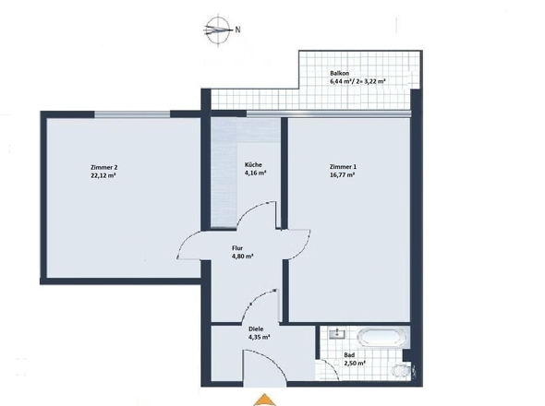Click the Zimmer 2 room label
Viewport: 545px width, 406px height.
click(x=102, y=167)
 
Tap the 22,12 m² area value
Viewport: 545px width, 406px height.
click(x=103, y=175)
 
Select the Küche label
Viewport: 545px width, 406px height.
click(x=253, y=164)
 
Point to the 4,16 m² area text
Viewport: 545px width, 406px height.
click(x=256, y=173)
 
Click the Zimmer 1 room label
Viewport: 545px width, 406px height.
click(x=343, y=167)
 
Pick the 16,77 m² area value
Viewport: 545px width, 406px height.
click(x=342, y=175)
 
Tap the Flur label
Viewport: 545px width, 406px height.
click(x=237, y=248)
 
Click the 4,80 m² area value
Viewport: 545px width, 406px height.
click(x=243, y=257)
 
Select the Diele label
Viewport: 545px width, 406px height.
click(x=256, y=328)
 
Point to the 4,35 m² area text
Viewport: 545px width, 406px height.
click(x=260, y=337)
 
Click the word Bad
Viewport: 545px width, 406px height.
click(x=349, y=355)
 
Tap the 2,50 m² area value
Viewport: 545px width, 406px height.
click(x=355, y=364)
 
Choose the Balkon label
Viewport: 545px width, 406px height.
click(x=340, y=74)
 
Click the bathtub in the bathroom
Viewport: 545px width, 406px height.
click(x=382, y=337)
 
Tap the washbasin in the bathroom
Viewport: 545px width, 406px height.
click(x=337, y=333)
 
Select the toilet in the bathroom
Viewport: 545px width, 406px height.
click(x=402, y=370)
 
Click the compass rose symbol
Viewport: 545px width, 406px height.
click(x=218, y=30)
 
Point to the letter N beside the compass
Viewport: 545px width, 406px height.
click(x=237, y=30)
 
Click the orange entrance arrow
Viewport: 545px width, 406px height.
click(x=265, y=400)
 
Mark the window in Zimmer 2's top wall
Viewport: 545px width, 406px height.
click(x=132, y=114)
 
